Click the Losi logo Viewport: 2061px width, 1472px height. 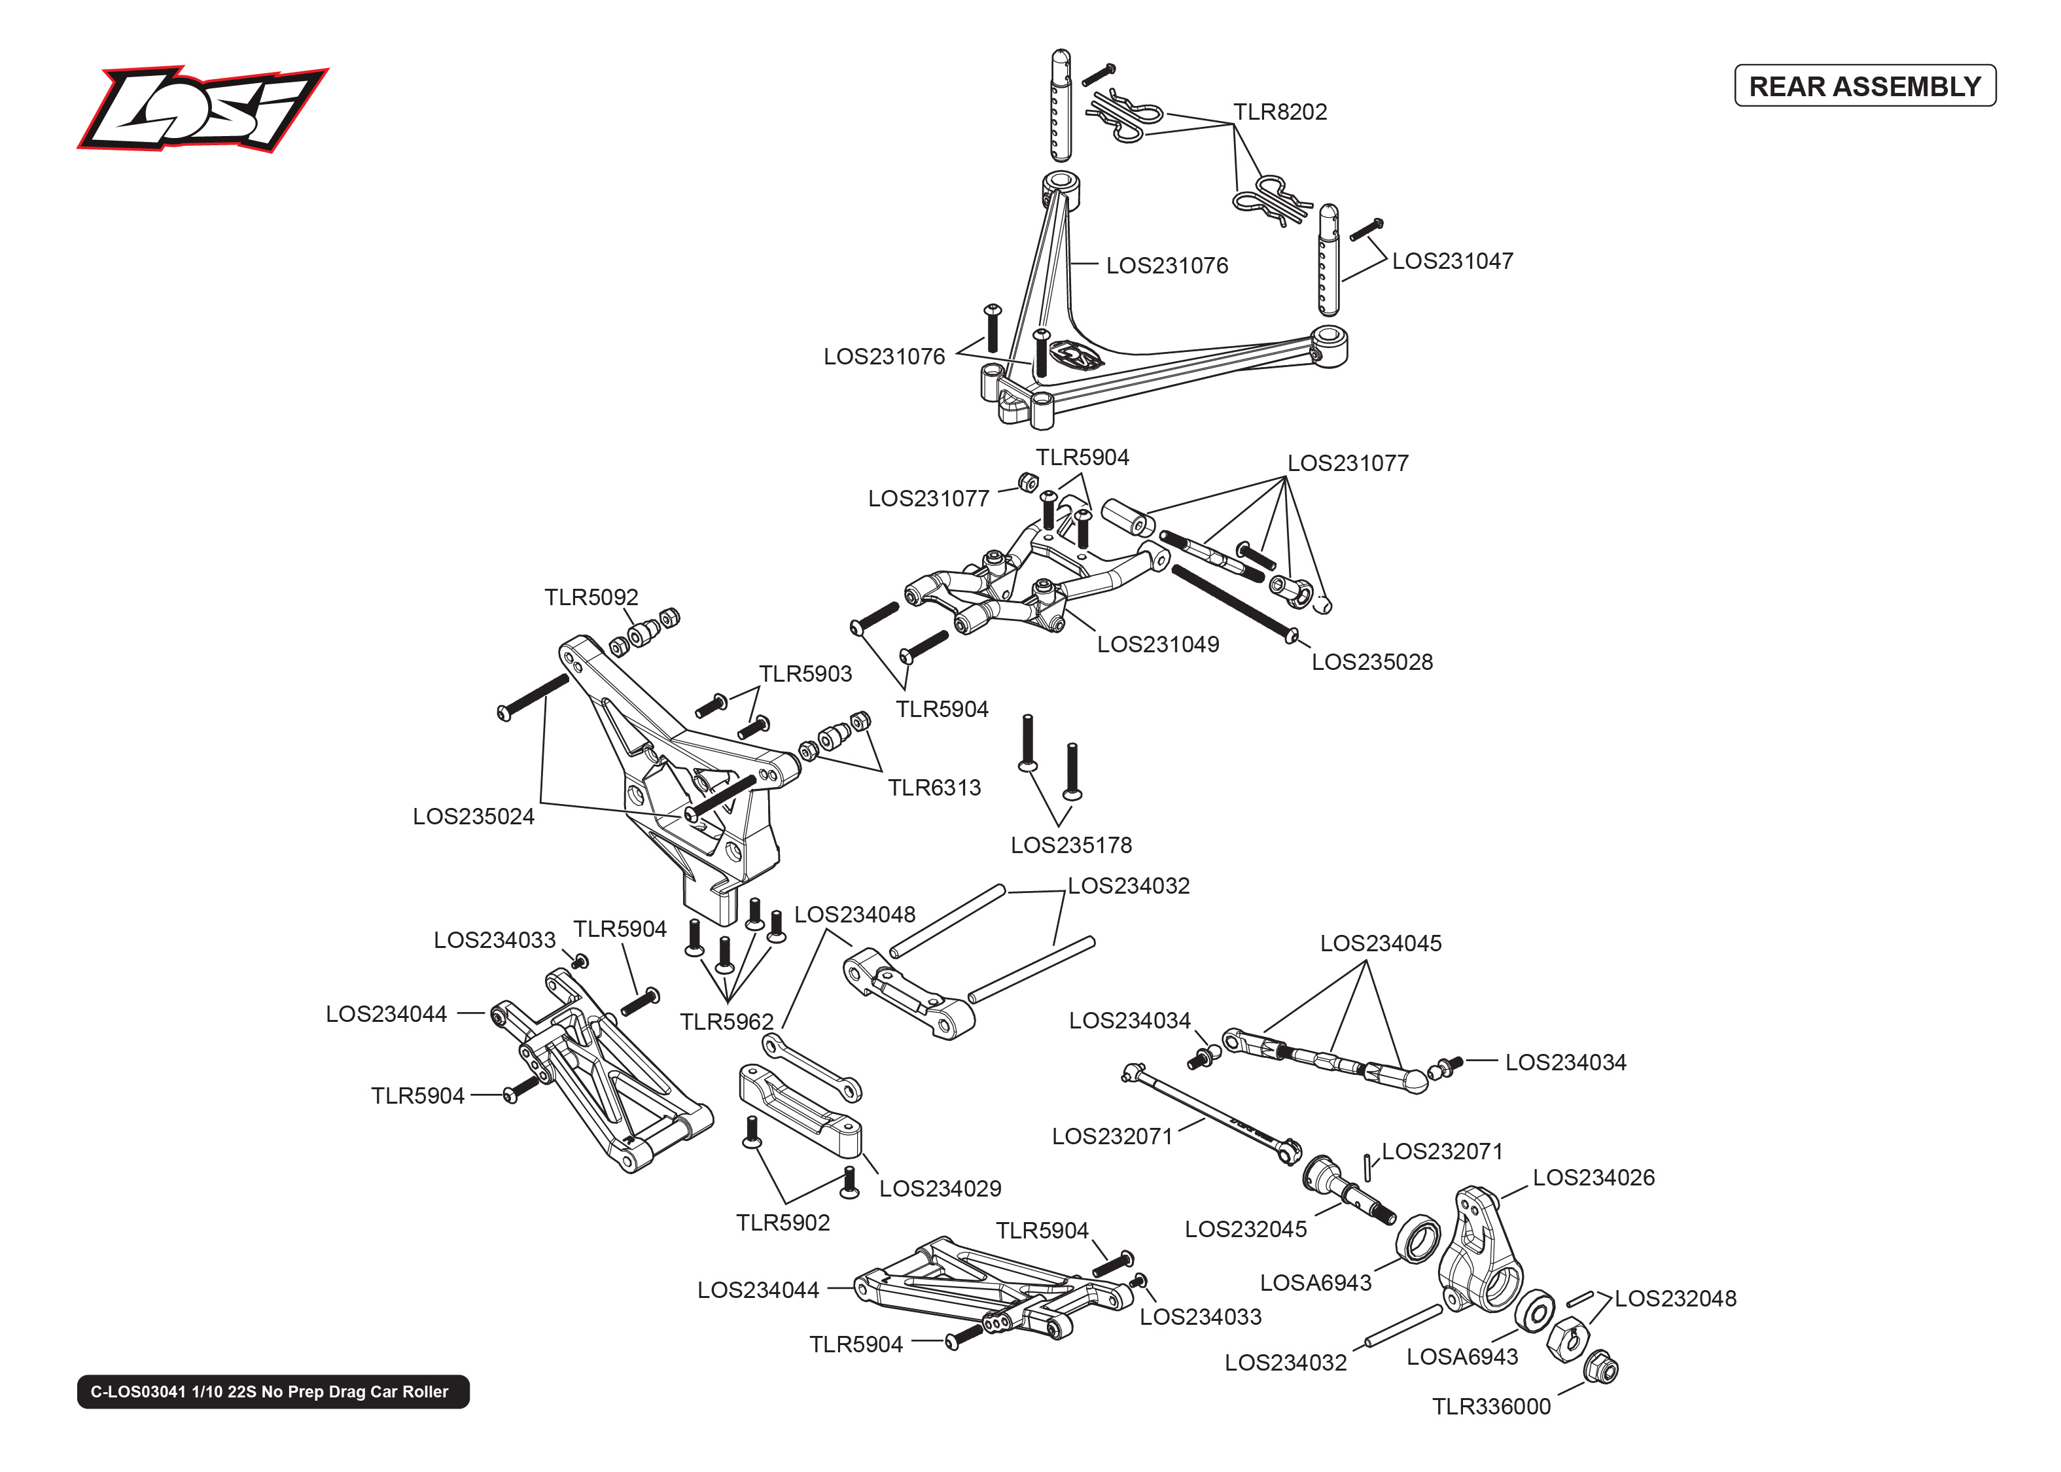202,109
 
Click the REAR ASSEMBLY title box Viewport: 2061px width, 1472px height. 1863,86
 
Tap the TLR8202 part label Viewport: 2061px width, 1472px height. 1279,113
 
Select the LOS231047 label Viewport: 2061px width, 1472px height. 1452,262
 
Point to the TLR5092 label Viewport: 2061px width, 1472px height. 591,597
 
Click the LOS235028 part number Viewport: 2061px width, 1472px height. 1371,663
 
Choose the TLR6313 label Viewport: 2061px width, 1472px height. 934,788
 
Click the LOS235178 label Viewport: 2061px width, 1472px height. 1070,846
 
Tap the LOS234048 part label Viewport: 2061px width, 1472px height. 854,915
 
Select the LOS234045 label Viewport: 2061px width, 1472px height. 1379,943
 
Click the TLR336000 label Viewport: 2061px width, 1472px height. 1491,1407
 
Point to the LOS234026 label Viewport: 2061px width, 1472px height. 1593,1178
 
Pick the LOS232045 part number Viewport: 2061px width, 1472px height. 1245,1230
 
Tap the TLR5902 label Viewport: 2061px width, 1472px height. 782,1223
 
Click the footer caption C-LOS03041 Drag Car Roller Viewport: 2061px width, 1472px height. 273,1392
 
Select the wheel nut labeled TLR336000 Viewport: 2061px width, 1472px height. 1602,1369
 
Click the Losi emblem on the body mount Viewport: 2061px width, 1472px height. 1078,355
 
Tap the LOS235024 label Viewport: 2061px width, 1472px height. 473,816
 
